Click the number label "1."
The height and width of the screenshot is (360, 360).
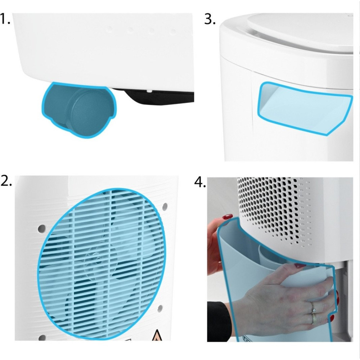pos(5,19)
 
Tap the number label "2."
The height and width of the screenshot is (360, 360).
pos(6,181)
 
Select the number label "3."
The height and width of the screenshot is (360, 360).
pos(210,19)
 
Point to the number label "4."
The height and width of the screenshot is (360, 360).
pos(200,183)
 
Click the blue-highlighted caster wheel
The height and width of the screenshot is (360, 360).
pos(79,110)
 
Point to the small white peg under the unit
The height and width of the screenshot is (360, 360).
pos(149,90)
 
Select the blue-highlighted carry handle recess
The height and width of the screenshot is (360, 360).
pos(305,108)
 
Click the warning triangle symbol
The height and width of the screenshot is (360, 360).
pos(157,336)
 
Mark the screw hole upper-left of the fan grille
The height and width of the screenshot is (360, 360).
pos(42,229)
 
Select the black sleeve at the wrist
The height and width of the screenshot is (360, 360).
pos(218,321)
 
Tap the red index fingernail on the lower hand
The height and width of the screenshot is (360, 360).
pos(300,266)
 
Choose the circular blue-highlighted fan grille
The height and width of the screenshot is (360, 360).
pos(101,264)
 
